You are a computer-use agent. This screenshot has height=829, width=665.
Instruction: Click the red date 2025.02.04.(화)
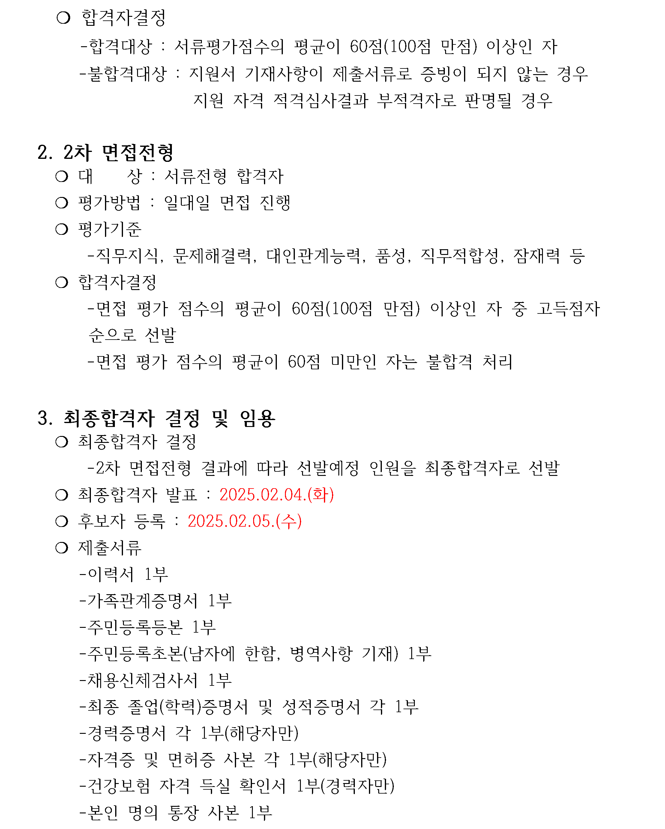pos(277,495)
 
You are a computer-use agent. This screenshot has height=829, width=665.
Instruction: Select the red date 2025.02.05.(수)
pos(245,522)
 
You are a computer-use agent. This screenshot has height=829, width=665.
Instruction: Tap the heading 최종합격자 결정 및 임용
pos(169,418)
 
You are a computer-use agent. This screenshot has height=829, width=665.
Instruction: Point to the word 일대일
pos(187,203)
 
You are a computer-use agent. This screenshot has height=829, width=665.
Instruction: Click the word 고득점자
pos(569,309)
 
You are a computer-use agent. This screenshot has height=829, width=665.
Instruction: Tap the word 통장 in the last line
pos(184,812)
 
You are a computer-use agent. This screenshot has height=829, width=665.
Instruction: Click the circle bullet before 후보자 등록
pos(62,522)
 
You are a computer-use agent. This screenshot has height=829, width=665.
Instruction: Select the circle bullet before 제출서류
pos(62,548)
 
